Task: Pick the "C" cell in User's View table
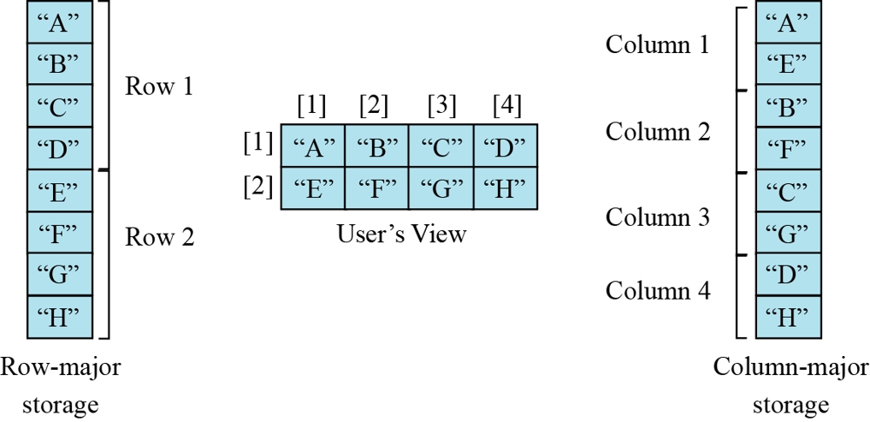(441, 146)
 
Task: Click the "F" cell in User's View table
(376, 188)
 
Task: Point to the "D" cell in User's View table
(505, 146)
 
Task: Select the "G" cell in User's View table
(441, 188)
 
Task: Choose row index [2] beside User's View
(257, 185)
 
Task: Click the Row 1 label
(159, 86)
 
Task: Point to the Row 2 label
(159, 236)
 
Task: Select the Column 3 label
(657, 217)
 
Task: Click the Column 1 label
(657, 45)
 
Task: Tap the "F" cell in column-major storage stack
(789, 149)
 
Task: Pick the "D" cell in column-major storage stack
(789, 276)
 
